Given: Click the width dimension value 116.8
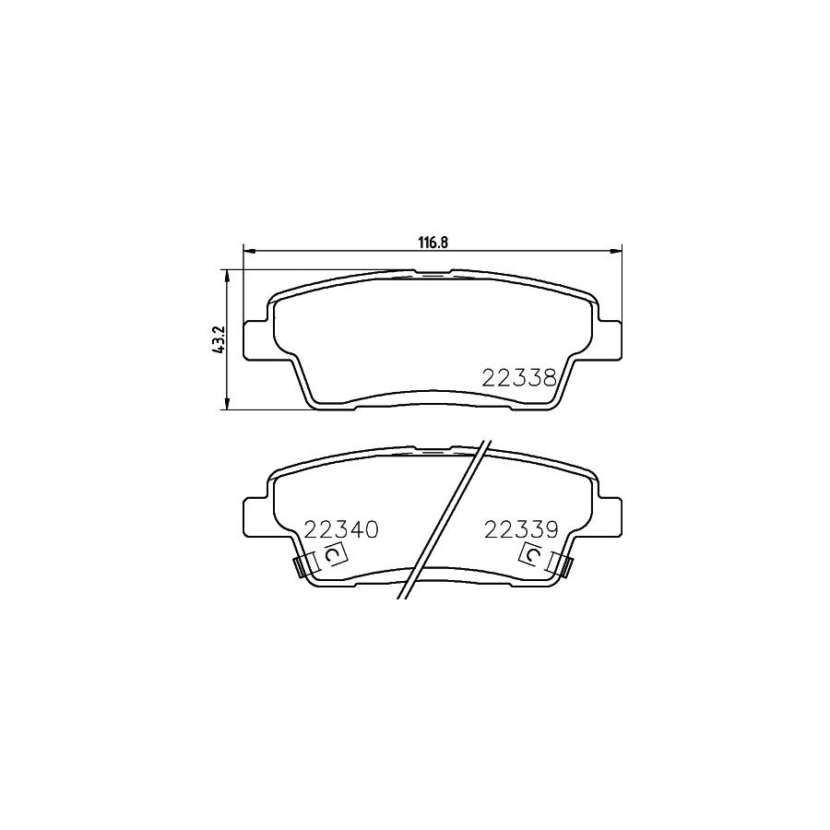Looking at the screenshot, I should [x=433, y=243].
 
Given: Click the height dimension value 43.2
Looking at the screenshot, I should [x=219, y=339].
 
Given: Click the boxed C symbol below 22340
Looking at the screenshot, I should [x=333, y=555].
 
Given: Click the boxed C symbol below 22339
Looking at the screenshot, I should [x=532, y=555].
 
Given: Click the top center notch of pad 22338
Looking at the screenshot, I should [x=433, y=273].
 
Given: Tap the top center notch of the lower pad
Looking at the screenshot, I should [x=433, y=451].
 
